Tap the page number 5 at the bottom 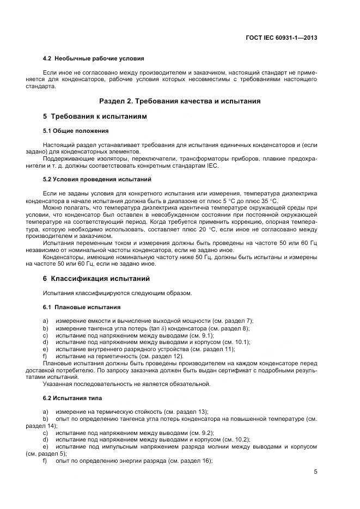click(315, 471)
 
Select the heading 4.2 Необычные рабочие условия click(93, 58)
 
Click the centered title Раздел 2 click(180, 101)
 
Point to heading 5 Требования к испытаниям click(95, 116)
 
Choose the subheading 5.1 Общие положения click(76, 131)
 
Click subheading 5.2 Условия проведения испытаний click(97, 179)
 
